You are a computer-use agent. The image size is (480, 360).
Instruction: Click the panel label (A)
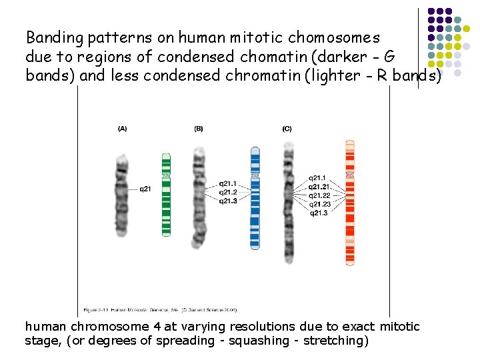point(122,129)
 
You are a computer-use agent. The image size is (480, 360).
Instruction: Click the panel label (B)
point(199,129)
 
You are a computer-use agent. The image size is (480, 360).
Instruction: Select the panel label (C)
point(287,129)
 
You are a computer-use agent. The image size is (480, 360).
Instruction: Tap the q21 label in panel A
point(145,189)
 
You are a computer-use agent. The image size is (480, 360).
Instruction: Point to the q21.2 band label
point(229,192)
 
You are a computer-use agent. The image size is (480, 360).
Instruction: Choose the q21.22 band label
point(320,195)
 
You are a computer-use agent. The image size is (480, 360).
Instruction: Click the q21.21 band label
point(320,187)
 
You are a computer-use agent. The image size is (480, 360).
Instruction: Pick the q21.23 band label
point(320,204)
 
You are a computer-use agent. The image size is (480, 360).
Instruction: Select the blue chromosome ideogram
point(254,197)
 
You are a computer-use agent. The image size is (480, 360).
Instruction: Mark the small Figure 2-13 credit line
point(160,309)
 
